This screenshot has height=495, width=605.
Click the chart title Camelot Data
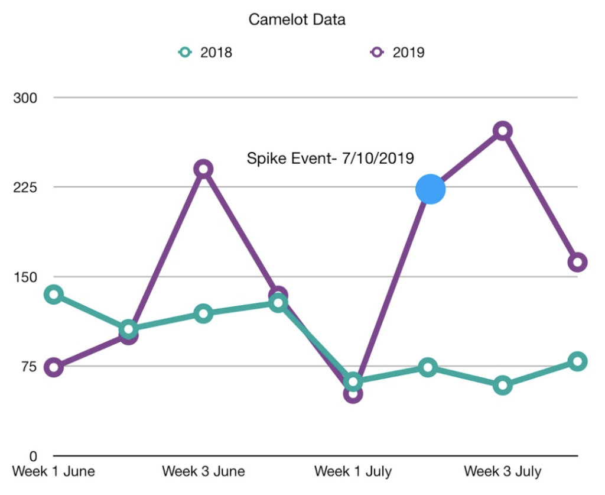297,20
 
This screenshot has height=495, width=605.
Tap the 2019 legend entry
398,52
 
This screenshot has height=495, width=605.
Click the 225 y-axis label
25,187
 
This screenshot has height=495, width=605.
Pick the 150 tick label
25,277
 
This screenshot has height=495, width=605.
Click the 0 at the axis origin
32,457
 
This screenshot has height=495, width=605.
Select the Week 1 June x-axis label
54,472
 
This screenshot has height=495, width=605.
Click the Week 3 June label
203,472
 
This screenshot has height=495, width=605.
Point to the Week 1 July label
353,472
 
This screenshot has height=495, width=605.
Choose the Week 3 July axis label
502,472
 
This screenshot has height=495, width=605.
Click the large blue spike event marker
430,189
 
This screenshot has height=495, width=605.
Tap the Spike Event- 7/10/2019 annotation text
330,158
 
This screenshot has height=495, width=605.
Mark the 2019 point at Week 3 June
203,169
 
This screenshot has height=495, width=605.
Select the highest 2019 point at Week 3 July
502,131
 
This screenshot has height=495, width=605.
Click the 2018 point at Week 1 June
54,295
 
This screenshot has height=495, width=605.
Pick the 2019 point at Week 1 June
54,367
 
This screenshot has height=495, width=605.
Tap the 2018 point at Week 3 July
502,386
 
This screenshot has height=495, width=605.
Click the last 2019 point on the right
577,262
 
